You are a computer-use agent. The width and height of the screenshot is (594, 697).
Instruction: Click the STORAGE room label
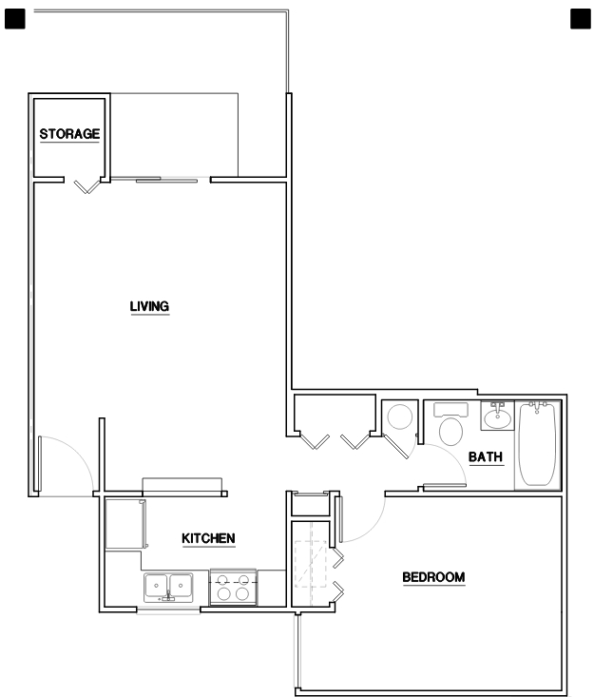69,134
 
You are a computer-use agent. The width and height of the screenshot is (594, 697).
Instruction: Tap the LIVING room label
149,306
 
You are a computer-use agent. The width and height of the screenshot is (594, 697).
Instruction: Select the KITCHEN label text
208,539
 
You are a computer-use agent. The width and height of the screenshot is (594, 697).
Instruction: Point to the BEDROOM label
433,577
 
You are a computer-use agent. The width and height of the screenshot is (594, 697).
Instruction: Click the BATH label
485,458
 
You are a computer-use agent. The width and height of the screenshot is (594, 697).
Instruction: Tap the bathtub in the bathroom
538,444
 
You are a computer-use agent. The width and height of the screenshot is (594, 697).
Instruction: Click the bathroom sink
497,416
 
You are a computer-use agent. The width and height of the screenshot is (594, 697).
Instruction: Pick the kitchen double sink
168,587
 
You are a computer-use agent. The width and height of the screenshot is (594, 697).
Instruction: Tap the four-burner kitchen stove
234,587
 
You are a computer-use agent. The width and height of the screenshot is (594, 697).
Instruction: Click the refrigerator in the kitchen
125,523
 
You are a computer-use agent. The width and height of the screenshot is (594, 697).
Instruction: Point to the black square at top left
14,18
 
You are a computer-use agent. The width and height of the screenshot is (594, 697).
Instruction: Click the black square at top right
579,18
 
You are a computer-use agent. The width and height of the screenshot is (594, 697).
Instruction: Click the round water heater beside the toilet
399,417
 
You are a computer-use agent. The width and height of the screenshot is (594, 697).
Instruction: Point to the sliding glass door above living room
166,179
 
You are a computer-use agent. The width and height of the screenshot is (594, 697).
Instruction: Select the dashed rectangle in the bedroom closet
309,562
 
